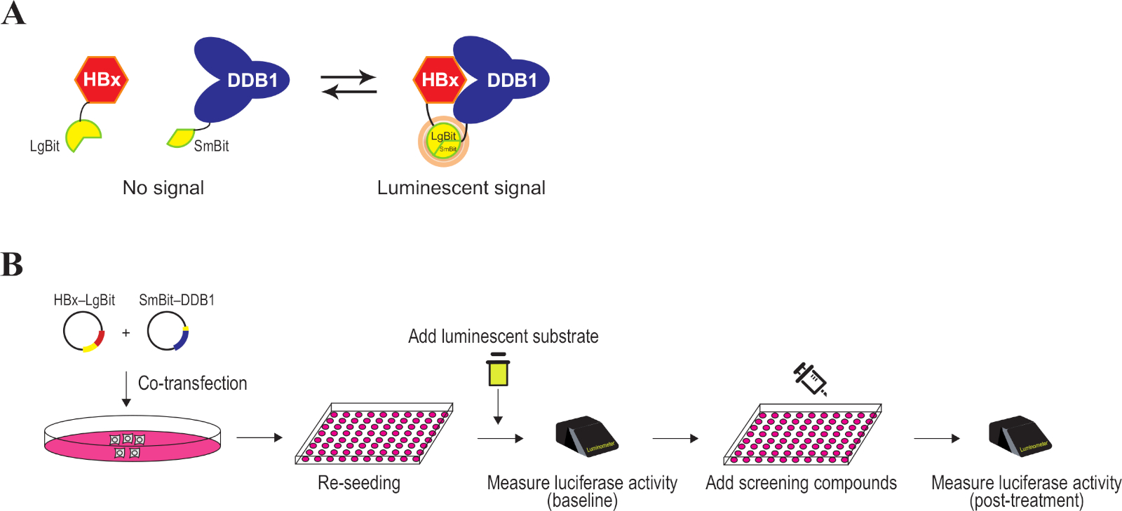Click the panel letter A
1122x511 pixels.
point(13,13)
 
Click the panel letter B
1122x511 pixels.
point(12,265)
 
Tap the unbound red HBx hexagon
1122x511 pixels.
point(102,80)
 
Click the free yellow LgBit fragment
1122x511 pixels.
point(82,135)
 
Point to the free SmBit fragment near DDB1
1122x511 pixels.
point(181,137)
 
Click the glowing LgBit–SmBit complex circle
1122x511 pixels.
point(443,142)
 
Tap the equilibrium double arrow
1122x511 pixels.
point(349,84)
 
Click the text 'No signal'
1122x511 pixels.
point(163,188)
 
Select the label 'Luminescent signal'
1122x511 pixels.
point(461,188)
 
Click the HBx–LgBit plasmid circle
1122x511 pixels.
point(83,332)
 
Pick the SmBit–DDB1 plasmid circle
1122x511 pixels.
point(168,332)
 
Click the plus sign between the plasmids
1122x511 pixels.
point(126,332)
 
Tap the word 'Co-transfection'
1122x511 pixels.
point(192,383)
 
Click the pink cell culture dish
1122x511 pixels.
point(132,440)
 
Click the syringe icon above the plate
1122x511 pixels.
point(811,379)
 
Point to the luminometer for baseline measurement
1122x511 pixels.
point(586,436)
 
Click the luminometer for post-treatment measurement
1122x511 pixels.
point(1019,436)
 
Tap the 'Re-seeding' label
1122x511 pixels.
point(359,483)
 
